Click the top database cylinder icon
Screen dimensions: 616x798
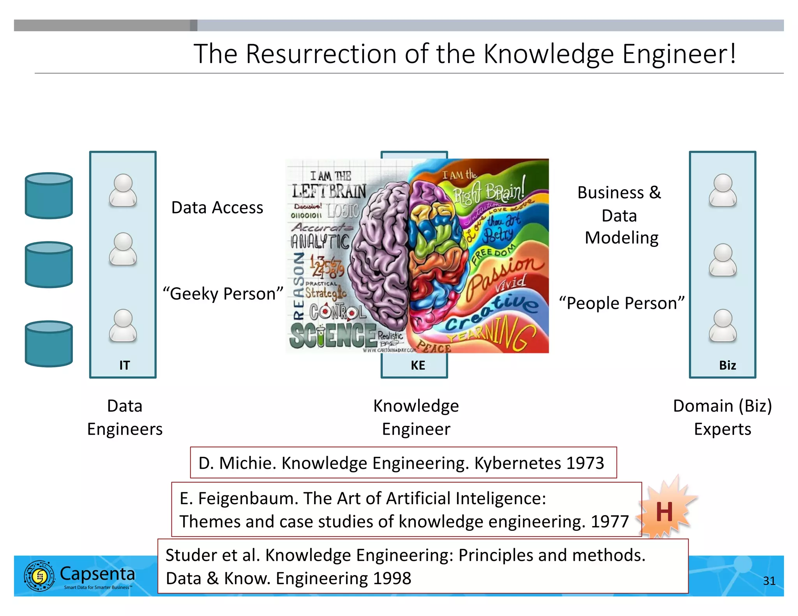49,195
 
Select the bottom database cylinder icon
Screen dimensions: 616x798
49,343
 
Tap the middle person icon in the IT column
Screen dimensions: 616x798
123,249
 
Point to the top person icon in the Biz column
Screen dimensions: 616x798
722,190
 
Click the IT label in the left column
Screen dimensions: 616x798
124,365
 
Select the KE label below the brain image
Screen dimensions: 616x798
418,365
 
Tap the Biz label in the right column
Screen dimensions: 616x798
727,365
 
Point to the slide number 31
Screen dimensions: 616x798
769,581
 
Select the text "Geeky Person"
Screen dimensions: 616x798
223,294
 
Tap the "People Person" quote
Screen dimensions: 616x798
621,303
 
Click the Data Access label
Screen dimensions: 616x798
217,208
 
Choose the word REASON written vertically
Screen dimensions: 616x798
298,286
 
